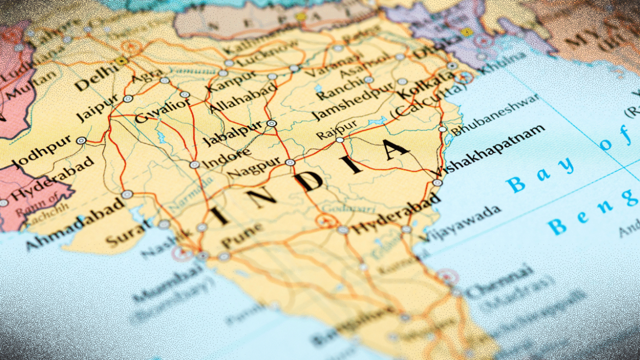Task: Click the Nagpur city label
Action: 253,166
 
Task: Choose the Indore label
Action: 227,157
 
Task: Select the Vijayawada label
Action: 459,224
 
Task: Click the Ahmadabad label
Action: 74,224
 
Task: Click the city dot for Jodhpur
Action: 81,141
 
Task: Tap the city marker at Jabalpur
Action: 271,124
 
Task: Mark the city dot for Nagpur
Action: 290,162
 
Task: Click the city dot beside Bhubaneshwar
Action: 443,130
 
